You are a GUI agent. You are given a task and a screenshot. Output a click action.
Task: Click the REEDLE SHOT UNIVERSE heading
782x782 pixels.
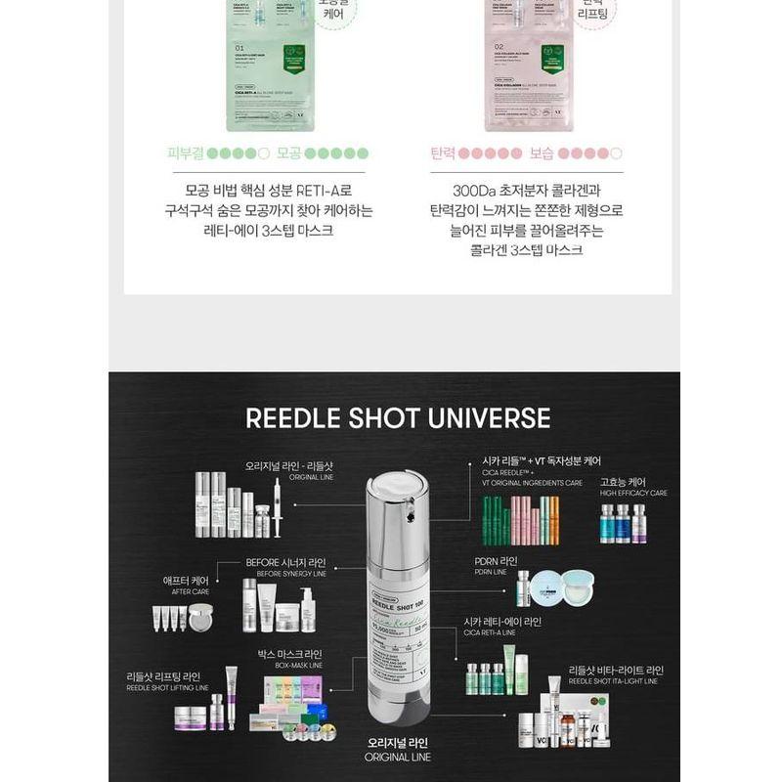click(398, 418)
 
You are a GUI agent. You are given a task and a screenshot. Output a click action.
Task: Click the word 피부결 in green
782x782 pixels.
click(185, 153)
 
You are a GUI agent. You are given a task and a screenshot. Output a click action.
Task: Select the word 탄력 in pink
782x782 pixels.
click(443, 153)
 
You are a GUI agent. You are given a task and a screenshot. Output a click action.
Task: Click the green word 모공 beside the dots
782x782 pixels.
click(287, 153)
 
